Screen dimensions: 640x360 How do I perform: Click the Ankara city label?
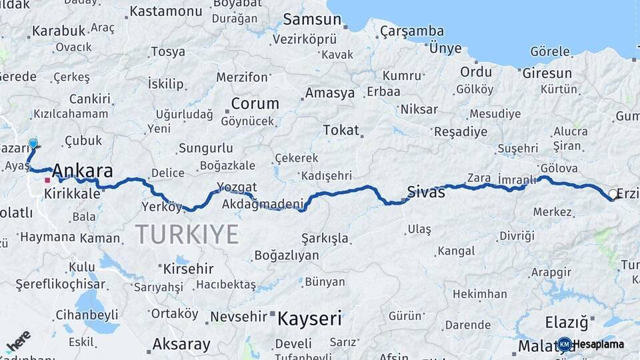pyautogui.click(x=82, y=171)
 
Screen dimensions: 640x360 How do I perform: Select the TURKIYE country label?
pyautogui.click(x=187, y=235)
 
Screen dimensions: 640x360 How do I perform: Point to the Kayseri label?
pyautogui.click(x=309, y=318)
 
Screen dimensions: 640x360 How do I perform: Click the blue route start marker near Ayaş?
pyautogui.click(x=33, y=143)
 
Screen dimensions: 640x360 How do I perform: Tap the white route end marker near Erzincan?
pyautogui.click(x=613, y=195)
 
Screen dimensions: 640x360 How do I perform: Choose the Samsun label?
pyautogui.click(x=312, y=19)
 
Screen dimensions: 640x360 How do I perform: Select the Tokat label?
pyautogui.click(x=341, y=130)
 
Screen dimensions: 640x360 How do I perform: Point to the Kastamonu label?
pyautogui.click(x=165, y=11)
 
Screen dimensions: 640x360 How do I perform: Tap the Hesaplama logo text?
pyautogui.click(x=599, y=345)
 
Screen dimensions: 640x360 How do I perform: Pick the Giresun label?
pyautogui.click(x=547, y=73)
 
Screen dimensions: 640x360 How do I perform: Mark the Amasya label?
pyautogui.click(x=330, y=93)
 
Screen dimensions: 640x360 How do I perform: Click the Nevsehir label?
pyautogui.click(x=238, y=317)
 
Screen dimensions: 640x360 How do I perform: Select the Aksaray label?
pyautogui.click(x=181, y=345)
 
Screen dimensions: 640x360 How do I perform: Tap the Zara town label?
pyautogui.click(x=479, y=178)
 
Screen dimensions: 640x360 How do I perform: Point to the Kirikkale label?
pyautogui.click(x=71, y=194)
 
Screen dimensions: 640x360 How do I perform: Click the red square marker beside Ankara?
pyautogui.click(x=47, y=180)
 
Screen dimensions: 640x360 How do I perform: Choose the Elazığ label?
pyautogui.click(x=567, y=323)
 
